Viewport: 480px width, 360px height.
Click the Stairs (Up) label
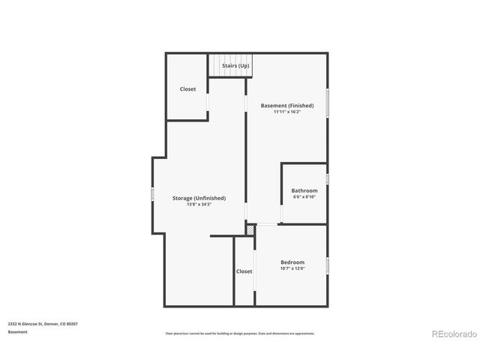[235, 66]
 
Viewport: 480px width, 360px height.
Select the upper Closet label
[187, 89]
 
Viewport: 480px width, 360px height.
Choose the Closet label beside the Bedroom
[244, 271]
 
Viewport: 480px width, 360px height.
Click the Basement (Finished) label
[287, 106]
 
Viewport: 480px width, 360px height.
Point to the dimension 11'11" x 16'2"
[287, 112]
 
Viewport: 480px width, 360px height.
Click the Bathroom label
[304, 190]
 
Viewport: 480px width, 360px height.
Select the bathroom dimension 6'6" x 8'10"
[304, 197]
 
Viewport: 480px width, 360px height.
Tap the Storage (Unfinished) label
[199, 198]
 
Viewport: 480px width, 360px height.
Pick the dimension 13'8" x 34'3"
[199, 205]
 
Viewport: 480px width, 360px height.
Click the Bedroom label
[292, 262]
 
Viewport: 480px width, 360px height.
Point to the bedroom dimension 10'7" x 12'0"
[292, 268]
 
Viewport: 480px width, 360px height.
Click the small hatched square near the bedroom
[250, 231]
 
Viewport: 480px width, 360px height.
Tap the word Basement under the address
[17, 331]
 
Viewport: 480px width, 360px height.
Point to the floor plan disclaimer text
[240, 333]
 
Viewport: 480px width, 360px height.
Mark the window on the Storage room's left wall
[152, 195]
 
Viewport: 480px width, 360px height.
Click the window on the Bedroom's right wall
[327, 265]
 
